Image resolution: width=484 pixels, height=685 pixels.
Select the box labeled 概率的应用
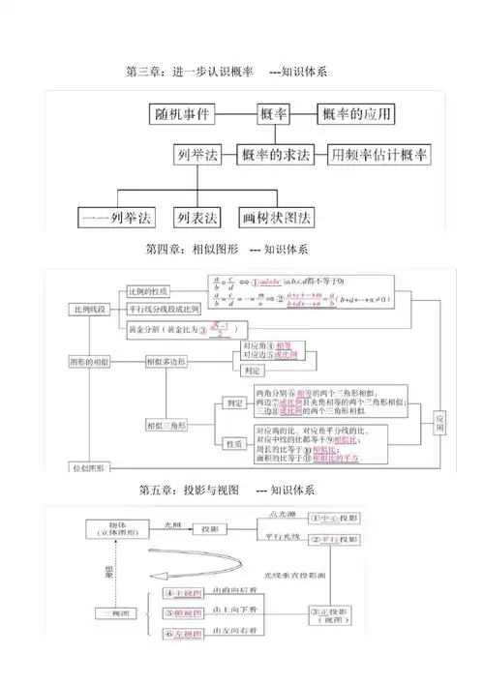(x=357, y=115)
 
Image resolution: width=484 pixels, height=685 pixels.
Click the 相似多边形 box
(x=166, y=361)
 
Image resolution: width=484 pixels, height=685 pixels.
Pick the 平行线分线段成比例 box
(x=164, y=310)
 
